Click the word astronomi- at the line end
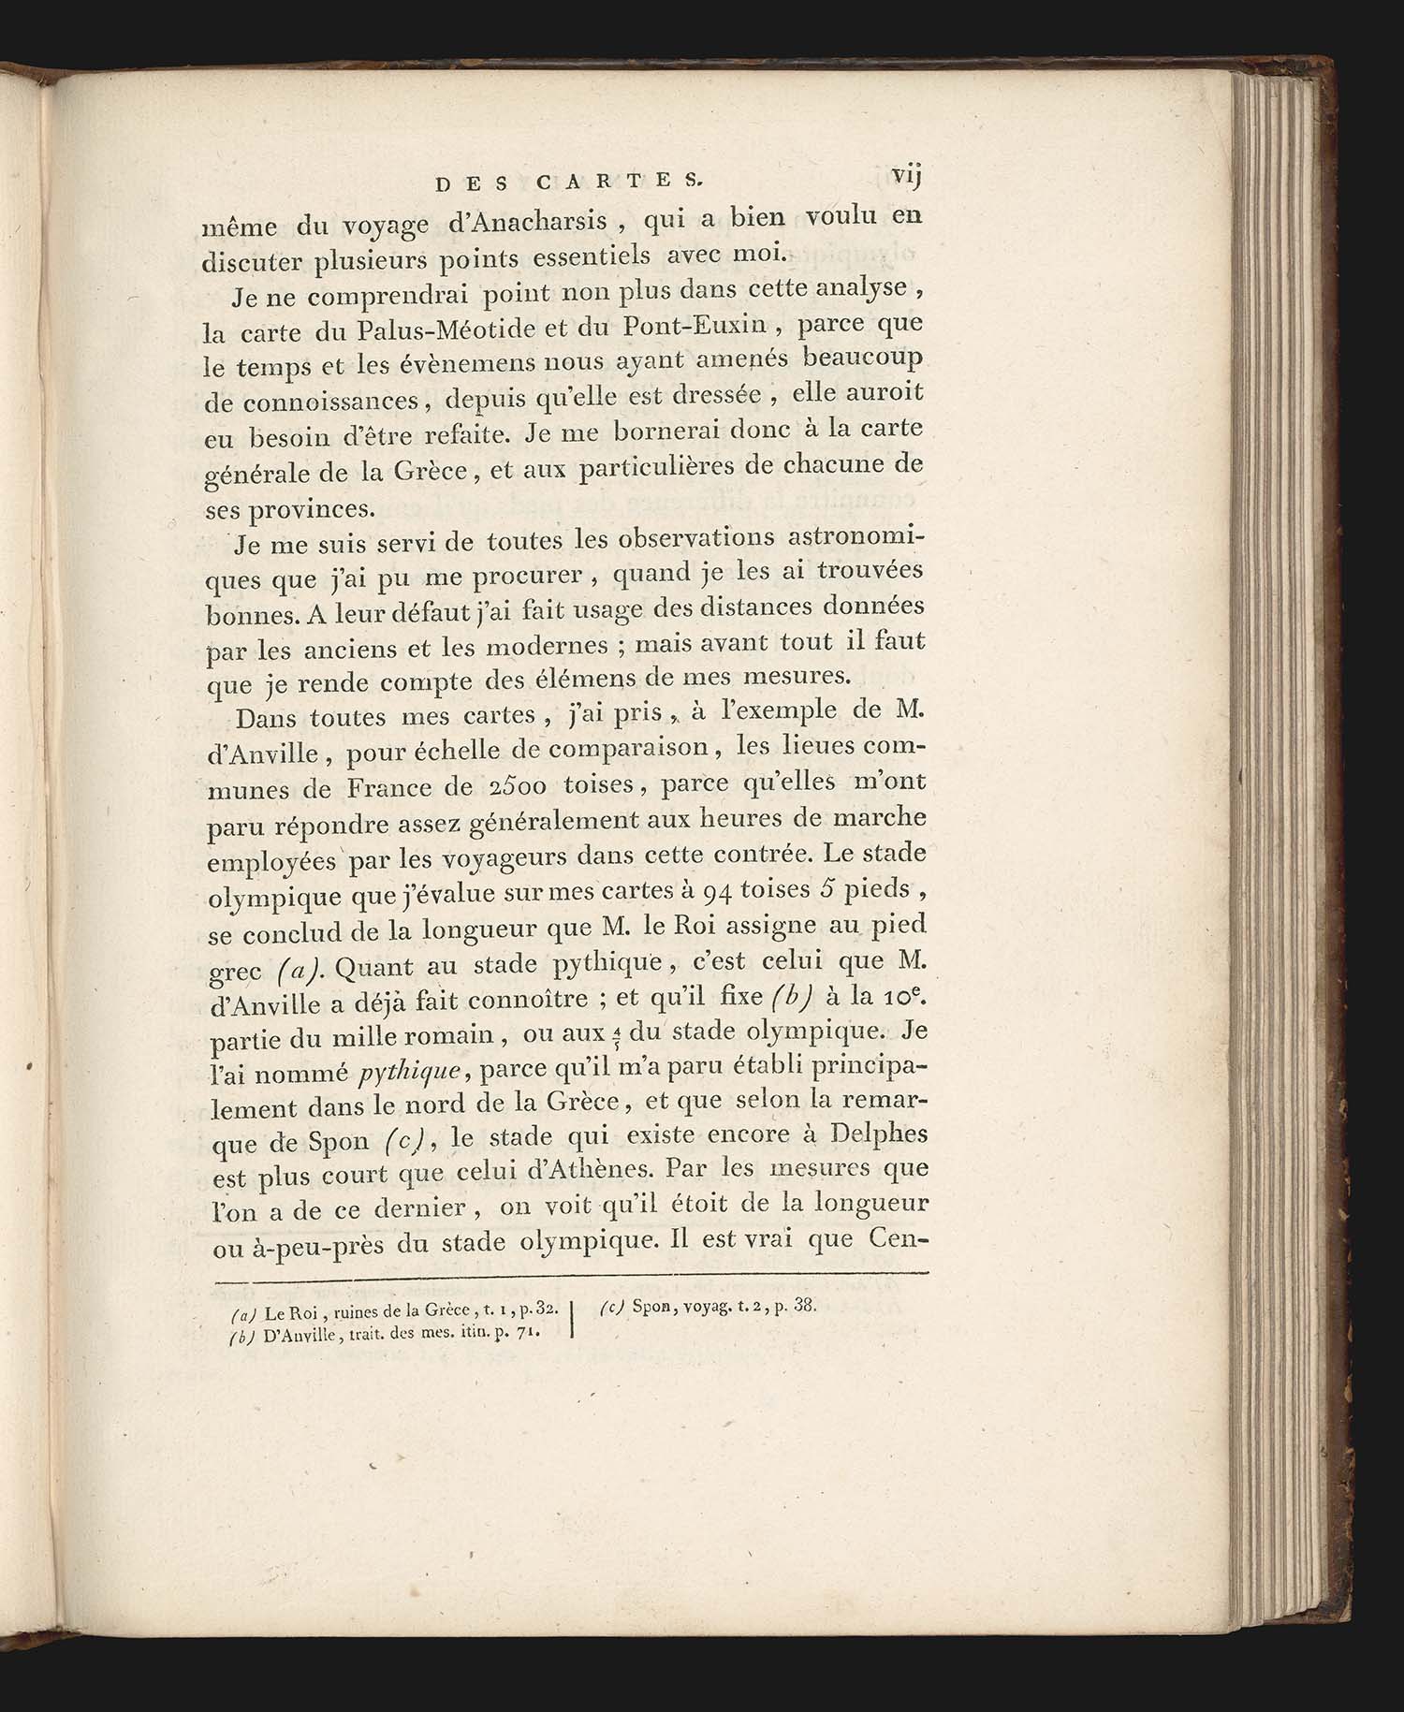(x=856, y=538)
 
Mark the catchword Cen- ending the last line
(x=897, y=1240)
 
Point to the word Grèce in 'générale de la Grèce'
(x=426, y=471)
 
